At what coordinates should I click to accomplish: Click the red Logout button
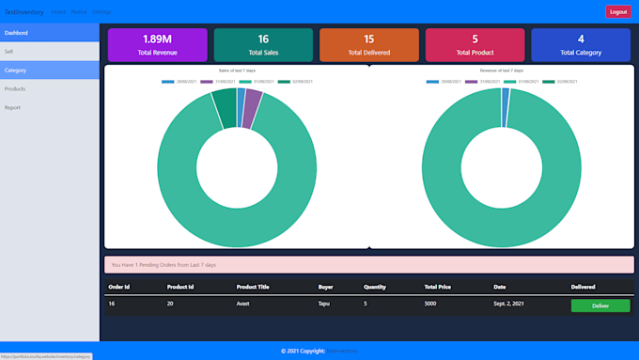618,12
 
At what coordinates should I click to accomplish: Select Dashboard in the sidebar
50,33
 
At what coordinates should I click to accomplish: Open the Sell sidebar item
50,51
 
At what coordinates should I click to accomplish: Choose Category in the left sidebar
50,70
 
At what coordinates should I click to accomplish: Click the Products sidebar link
50,88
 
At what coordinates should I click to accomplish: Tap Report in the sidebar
50,107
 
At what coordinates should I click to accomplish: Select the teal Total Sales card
263,44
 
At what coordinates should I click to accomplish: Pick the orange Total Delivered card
368,44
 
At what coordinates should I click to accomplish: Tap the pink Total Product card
475,44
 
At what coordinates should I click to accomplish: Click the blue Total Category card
581,44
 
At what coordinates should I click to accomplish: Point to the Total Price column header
439,287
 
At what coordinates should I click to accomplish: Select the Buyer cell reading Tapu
324,305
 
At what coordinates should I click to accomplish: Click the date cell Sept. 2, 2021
510,305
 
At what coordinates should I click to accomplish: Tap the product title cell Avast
244,305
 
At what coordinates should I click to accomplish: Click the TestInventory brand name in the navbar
23,12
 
